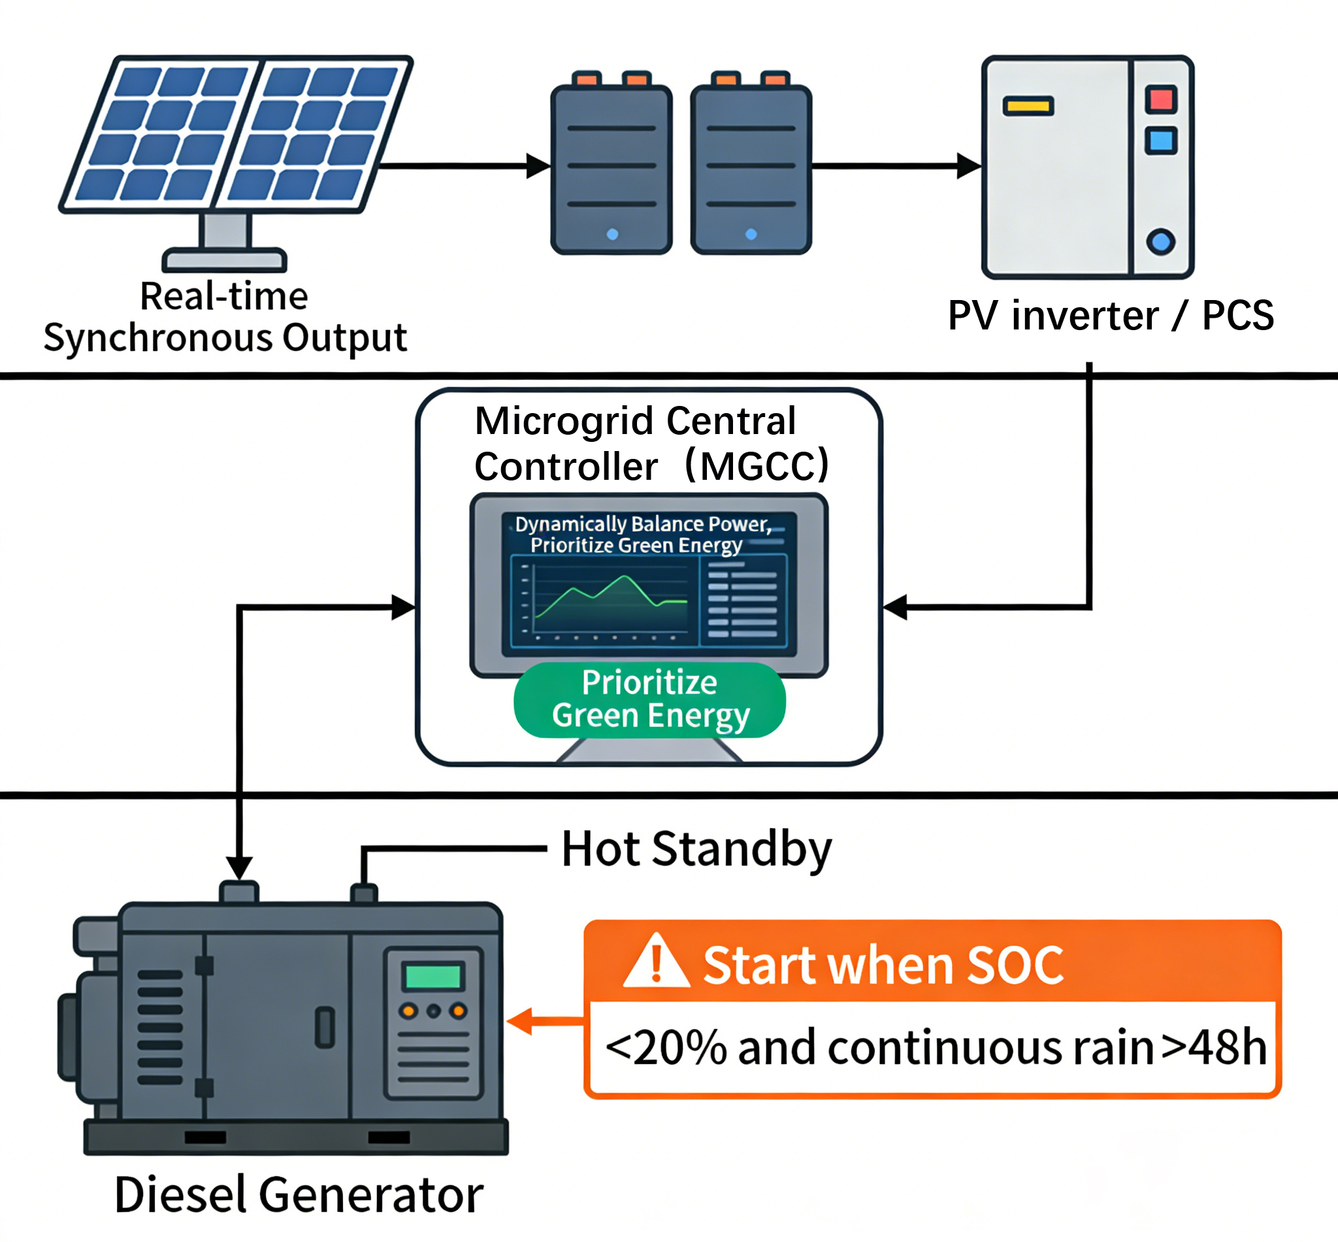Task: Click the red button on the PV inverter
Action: (x=1161, y=99)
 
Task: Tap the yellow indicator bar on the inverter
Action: (x=1028, y=106)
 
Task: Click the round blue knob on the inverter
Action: (x=1161, y=241)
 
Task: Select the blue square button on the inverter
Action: (x=1161, y=141)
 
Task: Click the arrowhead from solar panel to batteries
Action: (x=537, y=165)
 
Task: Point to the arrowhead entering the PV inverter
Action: (x=968, y=165)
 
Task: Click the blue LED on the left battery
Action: (x=612, y=235)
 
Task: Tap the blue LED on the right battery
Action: (x=751, y=235)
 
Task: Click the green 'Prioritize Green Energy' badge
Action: (x=649, y=699)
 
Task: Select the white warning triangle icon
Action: (x=656, y=962)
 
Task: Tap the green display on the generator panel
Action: (x=433, y=977)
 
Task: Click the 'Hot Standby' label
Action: (x=696, y=850)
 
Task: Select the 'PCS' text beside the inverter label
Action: (x=1237, y=315)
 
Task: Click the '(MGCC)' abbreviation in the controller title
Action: (x=758, y=465)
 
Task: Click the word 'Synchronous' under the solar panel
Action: (x=159, y=337)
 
